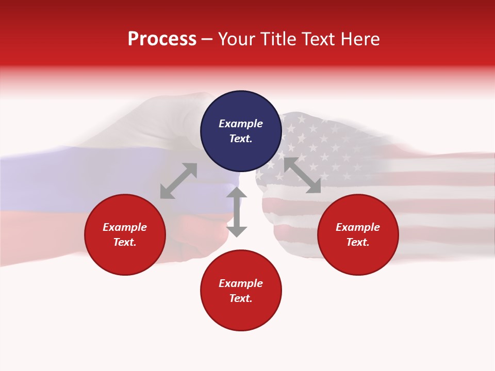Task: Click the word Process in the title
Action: pyautogui.click(x=162, y=39)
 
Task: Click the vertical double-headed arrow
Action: pyautogui.click(x=237, y=212)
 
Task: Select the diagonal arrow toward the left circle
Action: pyautogui.click(x=178, y=181)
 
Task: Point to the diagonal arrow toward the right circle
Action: pyautogui.click(x=302, y=175)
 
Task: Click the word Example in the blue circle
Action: pyautogui.click(x=241, y=124)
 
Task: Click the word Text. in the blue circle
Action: pyautogui.click(x=241, y=139)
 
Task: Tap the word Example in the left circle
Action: pyautogui.click(x=125, y=227)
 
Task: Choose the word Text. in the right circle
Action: pyautogui.click(x=358, y=242)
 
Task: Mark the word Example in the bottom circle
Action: pyautogui.click(x=241, y=283)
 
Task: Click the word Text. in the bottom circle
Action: pyautogui.click(x=241, y=298)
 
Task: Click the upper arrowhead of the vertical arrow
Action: pyautogui.click(x=237, y=193)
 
